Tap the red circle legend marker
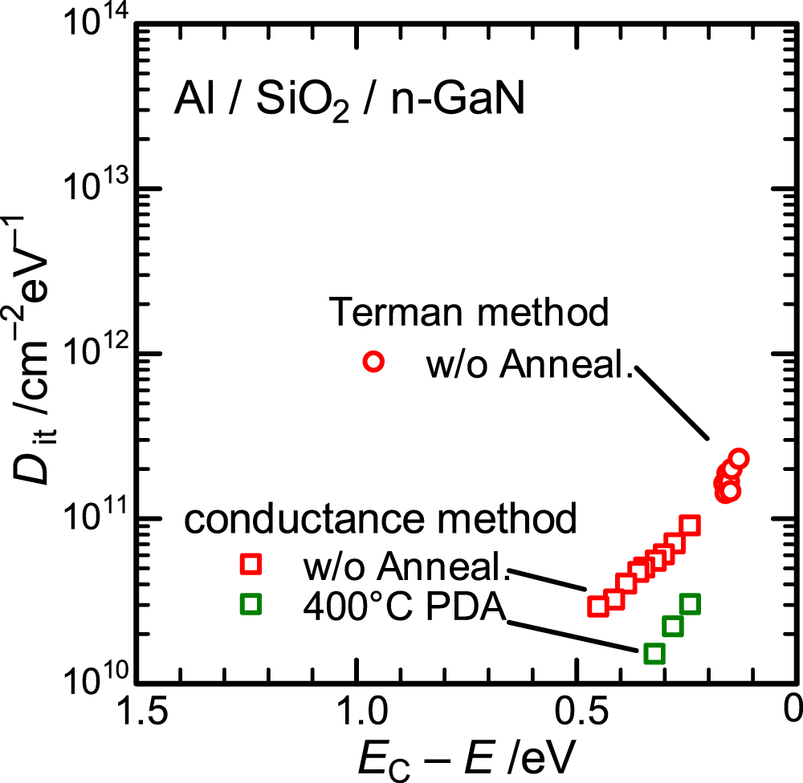(373, 362)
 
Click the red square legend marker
(252, 564)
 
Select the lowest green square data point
(654, 653)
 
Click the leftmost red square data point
(597, 606)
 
